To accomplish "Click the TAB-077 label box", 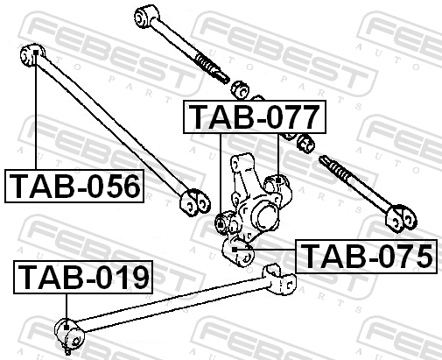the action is point(255,116).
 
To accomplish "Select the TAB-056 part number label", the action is point(74,186).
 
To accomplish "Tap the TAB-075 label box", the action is point(367,257).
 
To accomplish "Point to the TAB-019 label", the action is point(83,277).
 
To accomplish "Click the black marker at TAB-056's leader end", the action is point(36,53).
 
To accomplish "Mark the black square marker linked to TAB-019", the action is point(67,328).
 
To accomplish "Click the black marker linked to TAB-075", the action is point(235,250).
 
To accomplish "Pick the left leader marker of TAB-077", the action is point(221,224).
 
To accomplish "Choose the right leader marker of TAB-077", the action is point(278,180).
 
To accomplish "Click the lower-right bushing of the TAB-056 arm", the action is point(195,203).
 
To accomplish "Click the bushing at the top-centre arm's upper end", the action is point(147,16).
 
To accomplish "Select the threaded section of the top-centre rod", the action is point(212,67).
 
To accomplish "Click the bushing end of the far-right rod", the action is point(402,218).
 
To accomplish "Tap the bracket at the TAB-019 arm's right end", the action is point(279,280).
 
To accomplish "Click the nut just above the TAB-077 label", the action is point(241,90).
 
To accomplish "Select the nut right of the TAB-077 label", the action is point(305,144).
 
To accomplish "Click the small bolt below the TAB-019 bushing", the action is point(67,349).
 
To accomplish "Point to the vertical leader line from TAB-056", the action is point(36,112).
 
